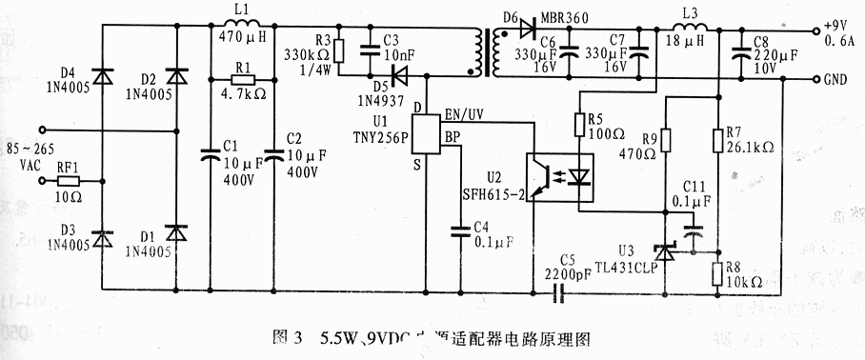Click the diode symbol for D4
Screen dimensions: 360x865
pyautogui.click(x=102, y=77)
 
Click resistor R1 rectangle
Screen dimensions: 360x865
pyautogui.click(x=239, y=81)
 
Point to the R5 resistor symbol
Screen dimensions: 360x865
pyautogui.click(x=578, y=124)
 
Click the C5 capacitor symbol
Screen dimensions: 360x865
pyautogui.click(x=561, y=291)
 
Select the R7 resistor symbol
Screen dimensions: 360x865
pyautogui.click(x=717, y=141)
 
